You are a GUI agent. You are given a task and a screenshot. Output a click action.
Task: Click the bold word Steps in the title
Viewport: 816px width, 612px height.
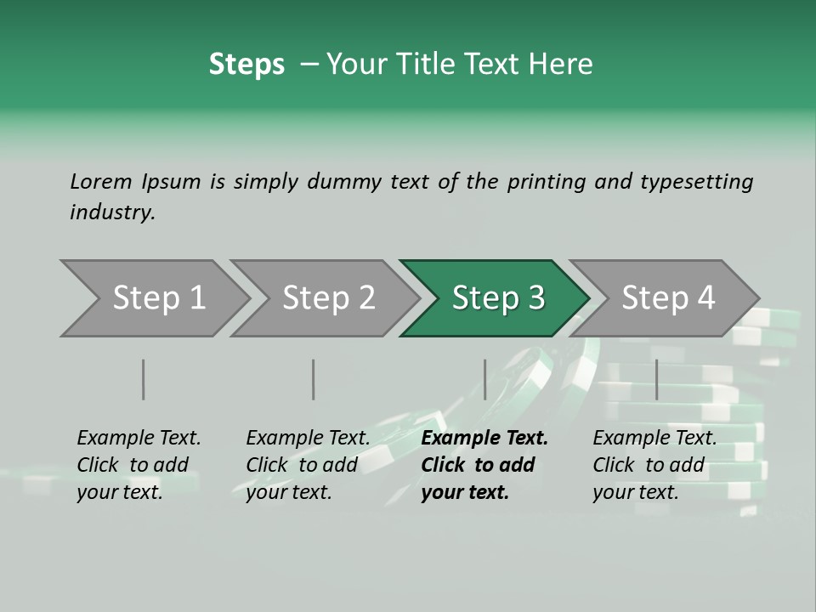[246, 65]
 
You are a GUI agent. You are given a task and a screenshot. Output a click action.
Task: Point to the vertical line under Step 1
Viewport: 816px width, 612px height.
[144, 379]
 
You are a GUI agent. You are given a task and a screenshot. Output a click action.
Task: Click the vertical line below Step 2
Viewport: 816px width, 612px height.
[314, 379]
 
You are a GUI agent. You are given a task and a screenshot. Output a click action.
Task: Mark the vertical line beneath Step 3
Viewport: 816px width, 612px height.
[485, 379]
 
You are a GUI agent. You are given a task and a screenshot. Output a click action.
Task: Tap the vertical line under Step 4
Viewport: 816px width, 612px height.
[657, 379]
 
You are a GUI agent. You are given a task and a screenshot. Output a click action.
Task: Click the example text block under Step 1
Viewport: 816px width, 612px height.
[139, 465]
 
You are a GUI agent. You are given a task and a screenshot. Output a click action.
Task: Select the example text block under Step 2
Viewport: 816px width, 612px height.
[308, 465]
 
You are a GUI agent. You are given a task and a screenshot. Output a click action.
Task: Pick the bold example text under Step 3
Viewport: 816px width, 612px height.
[484, 465]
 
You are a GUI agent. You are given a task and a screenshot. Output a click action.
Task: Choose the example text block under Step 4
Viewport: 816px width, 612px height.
[654, 465]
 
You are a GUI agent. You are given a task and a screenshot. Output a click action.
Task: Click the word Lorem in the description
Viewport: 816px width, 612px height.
[101, 181]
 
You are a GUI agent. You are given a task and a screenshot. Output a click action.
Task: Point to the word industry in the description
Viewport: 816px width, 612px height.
[112, 212]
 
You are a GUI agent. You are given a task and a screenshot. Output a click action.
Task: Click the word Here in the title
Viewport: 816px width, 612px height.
[565, 65]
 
